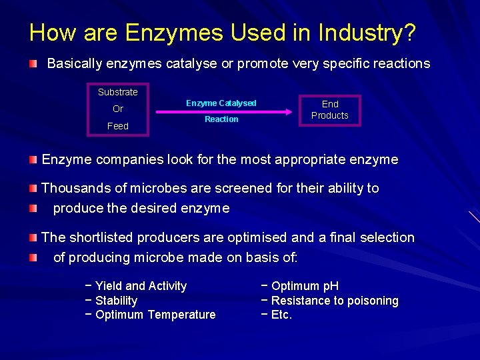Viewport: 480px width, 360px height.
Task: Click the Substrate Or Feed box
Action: tap(118, 109)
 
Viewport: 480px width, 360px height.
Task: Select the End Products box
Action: tap(330, 110)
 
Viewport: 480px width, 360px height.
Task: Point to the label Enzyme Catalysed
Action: tap(221, 103)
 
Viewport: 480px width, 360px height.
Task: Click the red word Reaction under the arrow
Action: tap(221, 119)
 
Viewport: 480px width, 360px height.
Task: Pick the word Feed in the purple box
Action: tap(118, 126)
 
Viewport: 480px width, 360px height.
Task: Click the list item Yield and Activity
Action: tap(141, 286)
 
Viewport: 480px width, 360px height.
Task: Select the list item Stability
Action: tap(116, 301)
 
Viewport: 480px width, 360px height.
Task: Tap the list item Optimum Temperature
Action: tap(155, 315)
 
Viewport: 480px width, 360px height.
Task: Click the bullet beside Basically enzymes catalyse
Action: tap(33, 64)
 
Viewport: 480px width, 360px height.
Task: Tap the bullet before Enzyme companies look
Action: tap(33, 160)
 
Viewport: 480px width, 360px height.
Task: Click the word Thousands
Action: tap(72, 188)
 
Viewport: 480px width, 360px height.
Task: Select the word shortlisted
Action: tap(99, 237)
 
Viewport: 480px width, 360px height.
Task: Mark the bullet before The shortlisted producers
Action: tap(33, 238)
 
